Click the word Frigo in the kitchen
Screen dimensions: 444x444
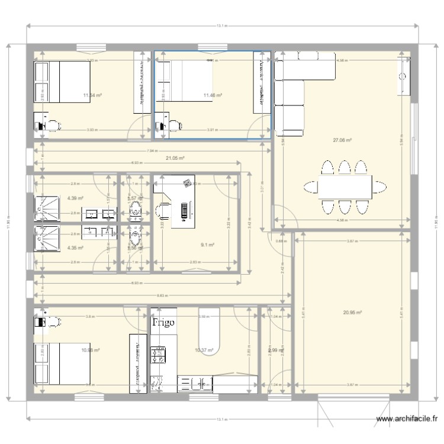tap(164, 323)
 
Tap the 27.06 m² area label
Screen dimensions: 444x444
tap(343, 140)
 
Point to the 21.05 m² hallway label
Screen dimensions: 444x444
tap(175, 158)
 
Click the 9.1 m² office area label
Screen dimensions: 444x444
tap(207, 244)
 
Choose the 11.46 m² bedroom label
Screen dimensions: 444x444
tap(213, 95)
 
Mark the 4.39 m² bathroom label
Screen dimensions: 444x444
tap(75, 198)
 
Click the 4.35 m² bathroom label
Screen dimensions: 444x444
tap(75, 247)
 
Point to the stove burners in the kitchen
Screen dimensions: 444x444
tap(159, 356)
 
